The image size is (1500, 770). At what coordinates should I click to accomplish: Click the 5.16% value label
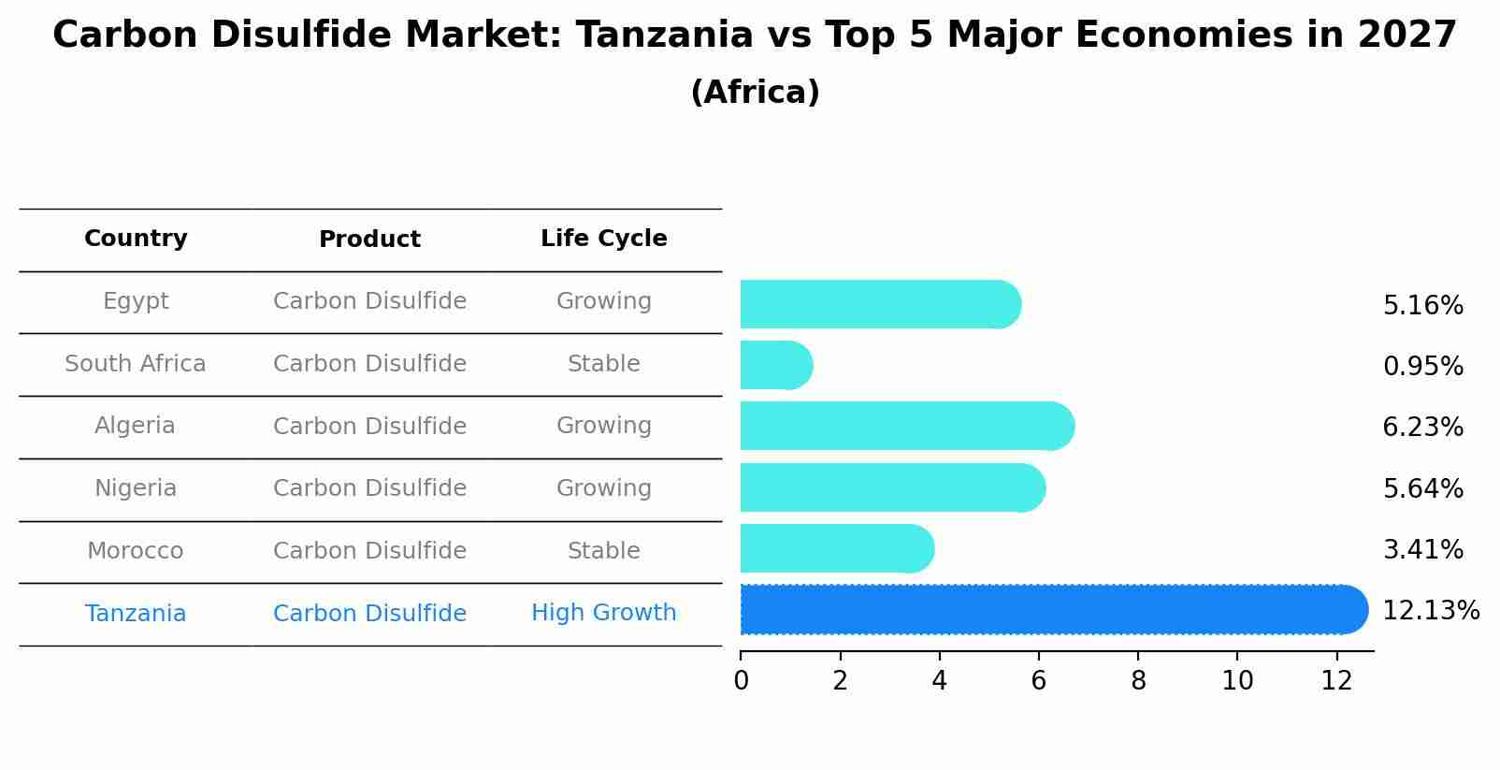pyautogui.click(x=1422, y=306)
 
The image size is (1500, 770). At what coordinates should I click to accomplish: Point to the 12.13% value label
pyautogui.click(x=1430, y=611)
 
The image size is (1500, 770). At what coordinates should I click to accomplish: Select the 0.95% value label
pyautogui.click(x=1422, y=367)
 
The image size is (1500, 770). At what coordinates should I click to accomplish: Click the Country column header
pyautogui.click(x=136, y=239)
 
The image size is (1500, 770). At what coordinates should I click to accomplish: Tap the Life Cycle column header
pyautogui.click(x=603, y=239)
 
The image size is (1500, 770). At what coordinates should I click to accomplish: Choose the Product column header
pyautogui.click(x=369, y=240)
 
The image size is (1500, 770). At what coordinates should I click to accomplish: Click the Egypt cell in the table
pyautogui.click(x=136, y=301)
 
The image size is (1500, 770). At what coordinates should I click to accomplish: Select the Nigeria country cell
pyautogui.click(x=136, y=488)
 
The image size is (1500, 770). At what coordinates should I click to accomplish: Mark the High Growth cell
pyautogui.click(x=603, y=613)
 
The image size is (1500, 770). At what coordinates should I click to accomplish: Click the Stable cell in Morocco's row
pyautogui.click(x=603, y=551)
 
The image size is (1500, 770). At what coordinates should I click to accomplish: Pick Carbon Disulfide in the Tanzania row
pyautogui.click(x=369, y=614)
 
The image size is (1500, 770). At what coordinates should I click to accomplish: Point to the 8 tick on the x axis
pyautogui.click(x=1138, y=681)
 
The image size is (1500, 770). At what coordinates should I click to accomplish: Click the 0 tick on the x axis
pyautogui.click(x=742, y=681)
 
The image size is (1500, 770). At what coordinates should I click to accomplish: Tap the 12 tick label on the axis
pyautogui.click(x=1336, y=681)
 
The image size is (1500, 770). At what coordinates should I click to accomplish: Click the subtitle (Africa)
pyautogui.click(x=755, y=93)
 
